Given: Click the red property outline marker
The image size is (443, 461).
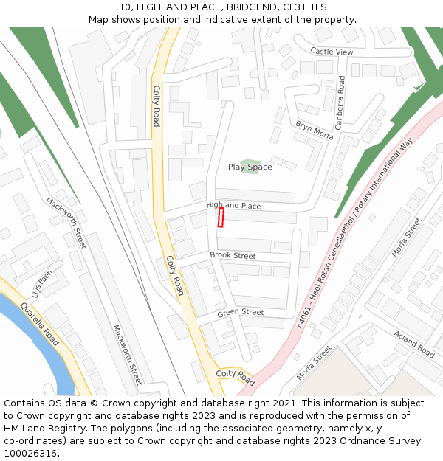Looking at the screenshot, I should (220, 218).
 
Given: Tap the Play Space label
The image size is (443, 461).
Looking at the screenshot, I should (250, 167).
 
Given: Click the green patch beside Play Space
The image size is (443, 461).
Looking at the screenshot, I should (250, 162).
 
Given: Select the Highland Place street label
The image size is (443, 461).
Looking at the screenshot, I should (233, 206).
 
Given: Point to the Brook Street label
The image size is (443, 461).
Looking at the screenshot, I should (233, 255).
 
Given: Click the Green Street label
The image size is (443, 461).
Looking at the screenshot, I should (240, 313).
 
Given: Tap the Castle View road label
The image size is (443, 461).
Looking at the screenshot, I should (332, 52).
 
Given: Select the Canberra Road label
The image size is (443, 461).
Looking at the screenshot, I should (340, 103).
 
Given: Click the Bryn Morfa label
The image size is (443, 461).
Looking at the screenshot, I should (315, 131).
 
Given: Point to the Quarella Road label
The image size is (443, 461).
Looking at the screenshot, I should (39, 325).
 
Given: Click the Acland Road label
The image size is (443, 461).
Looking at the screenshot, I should (414, 343).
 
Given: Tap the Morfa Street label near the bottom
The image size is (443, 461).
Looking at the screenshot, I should (313, 364).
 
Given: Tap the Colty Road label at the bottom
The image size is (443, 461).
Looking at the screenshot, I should (235, 378).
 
